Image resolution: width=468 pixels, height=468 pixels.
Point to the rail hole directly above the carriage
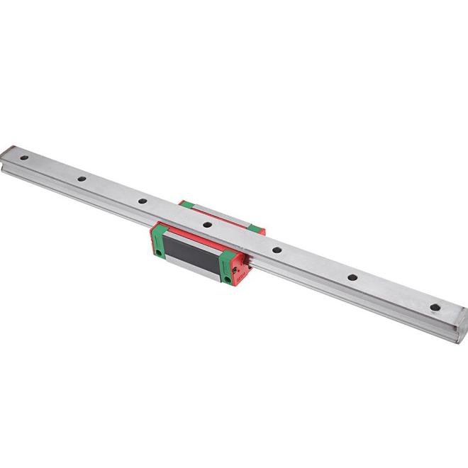pos(207,225)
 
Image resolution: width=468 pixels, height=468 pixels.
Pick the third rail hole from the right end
pos(276,250)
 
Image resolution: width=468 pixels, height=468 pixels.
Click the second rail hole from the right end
pos(352,279)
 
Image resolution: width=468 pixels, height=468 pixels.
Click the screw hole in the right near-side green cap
pos(227,279)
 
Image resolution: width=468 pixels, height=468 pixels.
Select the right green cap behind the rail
pos(257,228)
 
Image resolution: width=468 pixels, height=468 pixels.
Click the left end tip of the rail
pos(6,152)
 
